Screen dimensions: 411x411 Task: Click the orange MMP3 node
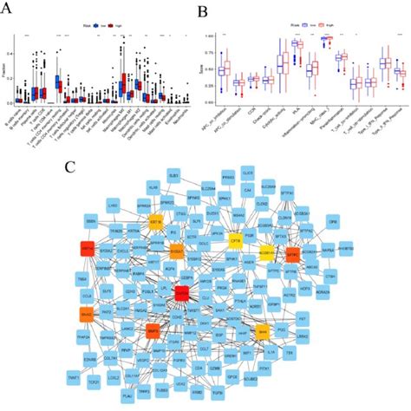[153, 329]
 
